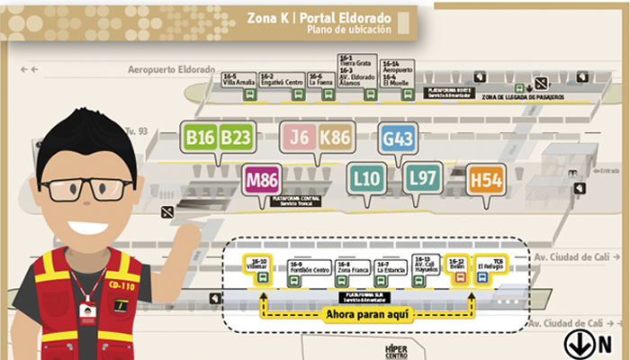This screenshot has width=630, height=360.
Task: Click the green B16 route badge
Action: point(199,137)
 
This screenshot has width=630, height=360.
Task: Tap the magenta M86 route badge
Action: point(262,180)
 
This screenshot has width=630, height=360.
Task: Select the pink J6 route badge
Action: point(299,137)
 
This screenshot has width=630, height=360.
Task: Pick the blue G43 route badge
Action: point(398,139)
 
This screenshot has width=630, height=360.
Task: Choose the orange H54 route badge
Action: point(485,181)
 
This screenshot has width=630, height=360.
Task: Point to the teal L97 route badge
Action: point(422,178)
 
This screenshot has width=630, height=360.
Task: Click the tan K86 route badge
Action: point(335,137)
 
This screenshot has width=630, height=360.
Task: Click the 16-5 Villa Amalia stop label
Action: point(238,79)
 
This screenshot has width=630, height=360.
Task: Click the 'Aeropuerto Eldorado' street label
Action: point(171,69)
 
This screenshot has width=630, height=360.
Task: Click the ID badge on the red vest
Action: point(87,310)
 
